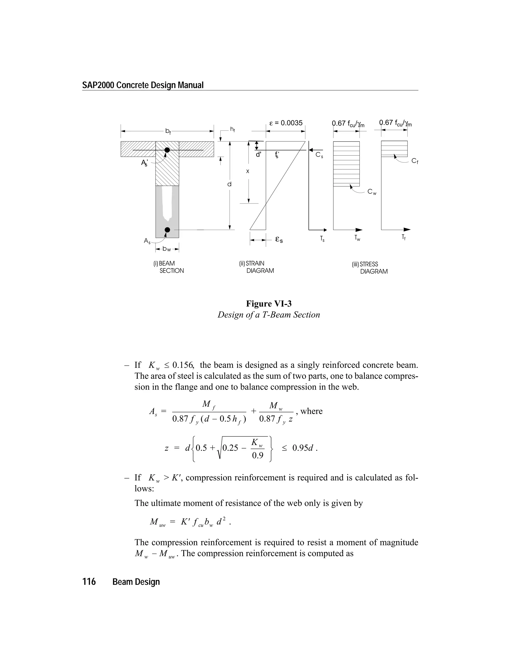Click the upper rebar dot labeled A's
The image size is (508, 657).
pos(167,150)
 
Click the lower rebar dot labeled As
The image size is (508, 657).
pos(167,230)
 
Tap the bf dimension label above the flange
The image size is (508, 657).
pos(168,131)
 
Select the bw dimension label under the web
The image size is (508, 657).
pos(167,249)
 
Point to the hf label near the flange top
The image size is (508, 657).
pos(232,129)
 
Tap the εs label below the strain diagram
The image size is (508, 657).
pos(279,240)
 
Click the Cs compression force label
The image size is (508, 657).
pos(319,155)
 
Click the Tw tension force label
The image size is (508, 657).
pos(357,238)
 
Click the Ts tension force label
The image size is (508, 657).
pos(322,239)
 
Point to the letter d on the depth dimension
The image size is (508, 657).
pos(229,184)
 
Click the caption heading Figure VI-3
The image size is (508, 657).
pos(269,303)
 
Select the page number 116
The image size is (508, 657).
pos(89,582)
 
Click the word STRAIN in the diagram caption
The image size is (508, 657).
pos(255,264)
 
